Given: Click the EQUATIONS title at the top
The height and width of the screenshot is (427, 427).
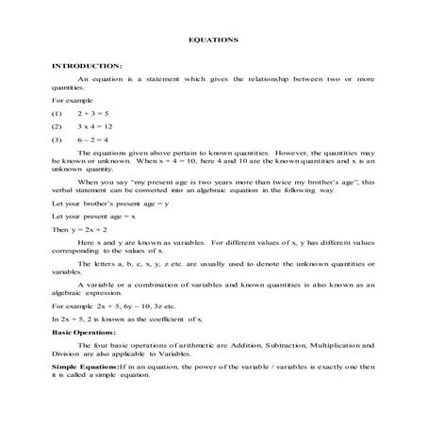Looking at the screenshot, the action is coord(213,41).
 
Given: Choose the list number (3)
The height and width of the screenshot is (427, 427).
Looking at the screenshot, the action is coord(57,140).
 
